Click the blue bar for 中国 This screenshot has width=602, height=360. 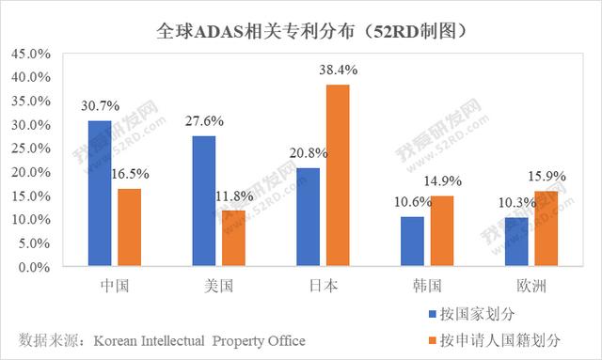tap(100, 194)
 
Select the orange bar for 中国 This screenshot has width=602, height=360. tap(130, 227)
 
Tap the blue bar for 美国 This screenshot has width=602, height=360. tap(204, 201)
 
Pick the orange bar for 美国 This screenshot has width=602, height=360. tap(233, 239)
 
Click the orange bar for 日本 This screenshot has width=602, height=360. tap(338, 176)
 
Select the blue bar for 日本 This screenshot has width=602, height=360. tap(309, 217)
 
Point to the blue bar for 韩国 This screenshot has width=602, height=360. tap(412, 242)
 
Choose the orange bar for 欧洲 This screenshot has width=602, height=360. tap(547, 229)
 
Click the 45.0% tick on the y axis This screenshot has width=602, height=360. tap(31, 54)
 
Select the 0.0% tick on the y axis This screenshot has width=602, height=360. tap(34, 267)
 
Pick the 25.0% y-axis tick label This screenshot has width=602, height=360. tap(31, 149)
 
